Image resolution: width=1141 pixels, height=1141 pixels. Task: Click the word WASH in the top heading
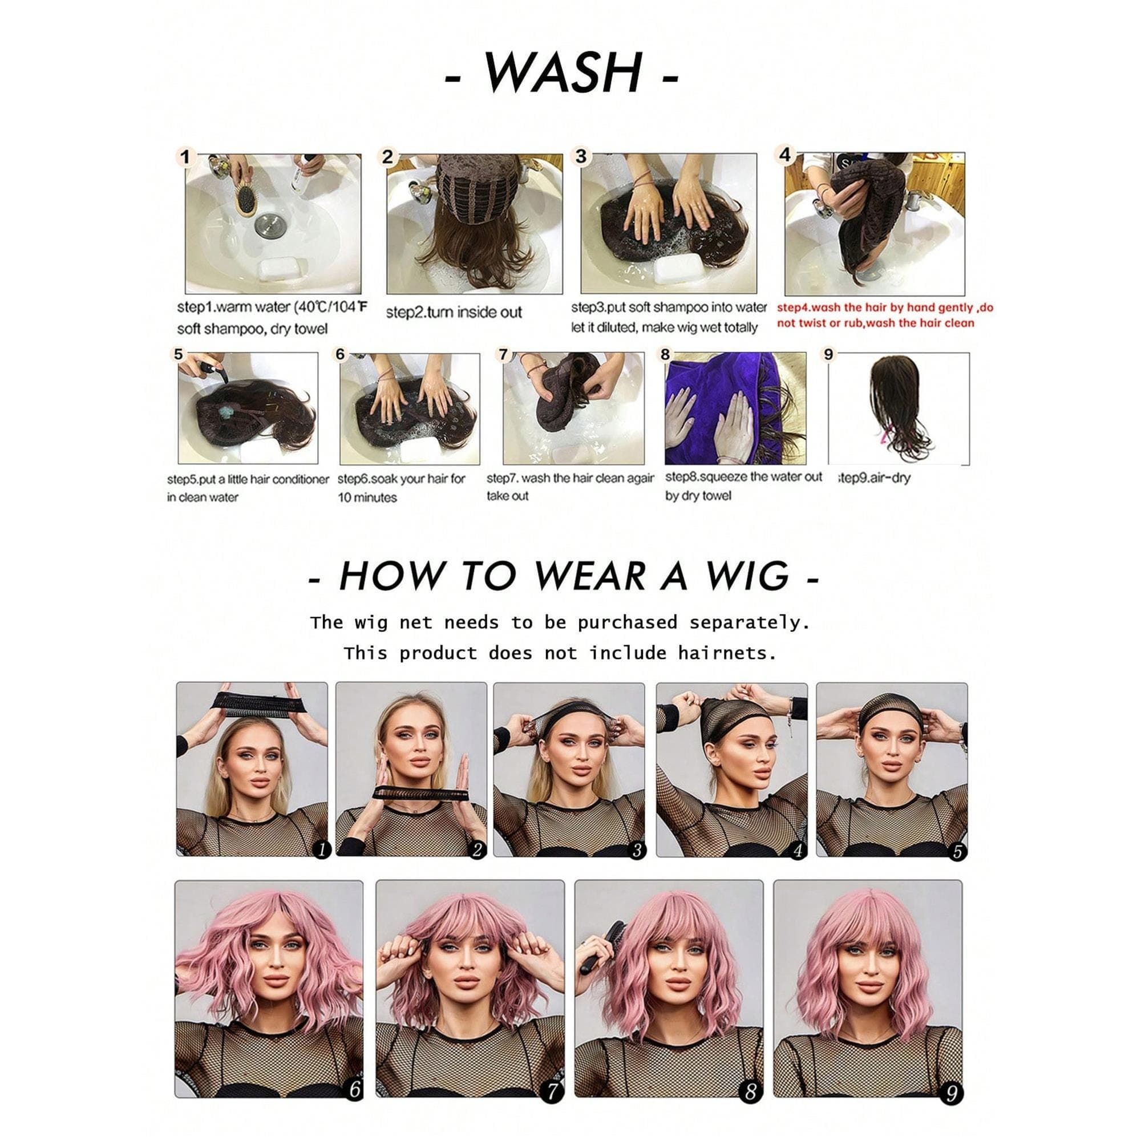coord(563,73)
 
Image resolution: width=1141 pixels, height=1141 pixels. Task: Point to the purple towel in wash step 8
coord(734,408)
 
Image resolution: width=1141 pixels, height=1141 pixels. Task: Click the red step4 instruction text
coord(885,315)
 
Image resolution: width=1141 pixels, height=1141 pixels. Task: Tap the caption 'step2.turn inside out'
coord(454,313)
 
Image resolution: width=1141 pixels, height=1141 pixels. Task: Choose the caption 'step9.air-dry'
coord(873,477)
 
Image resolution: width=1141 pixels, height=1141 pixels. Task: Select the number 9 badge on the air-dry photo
coord(828,354)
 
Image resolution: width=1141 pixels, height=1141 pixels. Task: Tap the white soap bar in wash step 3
coord(677,268)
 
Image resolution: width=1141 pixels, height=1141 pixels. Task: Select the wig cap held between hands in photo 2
coord(420,793)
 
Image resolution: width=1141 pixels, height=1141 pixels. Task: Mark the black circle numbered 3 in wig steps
coord(636,851)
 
